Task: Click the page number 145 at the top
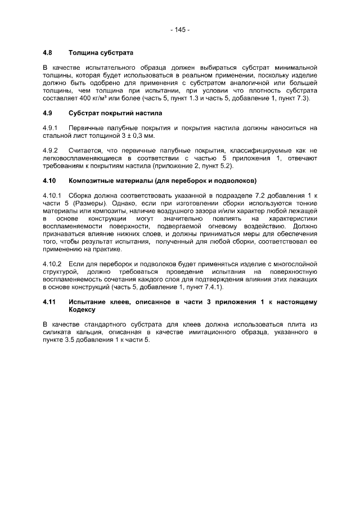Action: coord(180,29)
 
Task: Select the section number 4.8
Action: coord(48,53)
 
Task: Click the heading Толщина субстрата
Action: coord(101,53)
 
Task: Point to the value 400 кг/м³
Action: coord(90,98)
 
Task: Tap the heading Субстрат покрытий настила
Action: coord(107,114)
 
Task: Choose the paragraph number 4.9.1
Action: coord(51,129)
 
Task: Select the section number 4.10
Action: coord(49,181)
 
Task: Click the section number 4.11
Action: coord(49,302)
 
